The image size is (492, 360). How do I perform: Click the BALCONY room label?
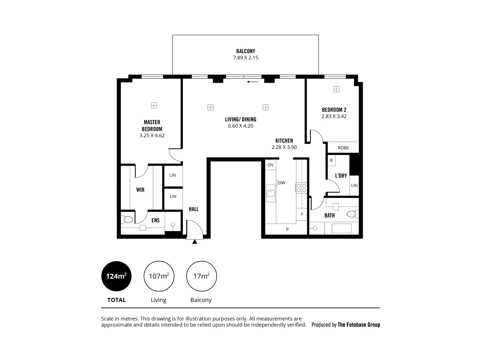point(246,51)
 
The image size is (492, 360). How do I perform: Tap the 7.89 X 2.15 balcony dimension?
point(246,58)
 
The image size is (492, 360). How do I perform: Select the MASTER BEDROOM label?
point(152,126)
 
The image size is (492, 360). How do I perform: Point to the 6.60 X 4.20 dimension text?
point(241,126)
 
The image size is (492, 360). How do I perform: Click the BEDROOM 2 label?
point(334,110)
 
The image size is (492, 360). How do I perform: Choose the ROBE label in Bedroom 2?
point(343,148)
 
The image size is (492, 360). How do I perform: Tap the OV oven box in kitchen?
point(270,165)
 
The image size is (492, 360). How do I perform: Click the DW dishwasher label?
point(281,183)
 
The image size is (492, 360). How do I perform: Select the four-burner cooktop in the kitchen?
point(302,188)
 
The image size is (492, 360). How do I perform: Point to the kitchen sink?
point(271,194)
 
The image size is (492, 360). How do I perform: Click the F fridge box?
point(302,214)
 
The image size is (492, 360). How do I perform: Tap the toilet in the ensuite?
point(127,219)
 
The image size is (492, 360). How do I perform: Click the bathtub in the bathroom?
point(342,229)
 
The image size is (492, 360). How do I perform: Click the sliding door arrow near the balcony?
point(253,82)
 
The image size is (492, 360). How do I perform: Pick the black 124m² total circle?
point(116,276)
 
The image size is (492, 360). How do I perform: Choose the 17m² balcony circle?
point(202,276)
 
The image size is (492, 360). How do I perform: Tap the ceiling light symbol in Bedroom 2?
point(336,89)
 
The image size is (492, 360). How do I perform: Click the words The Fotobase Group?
point(359,325)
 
